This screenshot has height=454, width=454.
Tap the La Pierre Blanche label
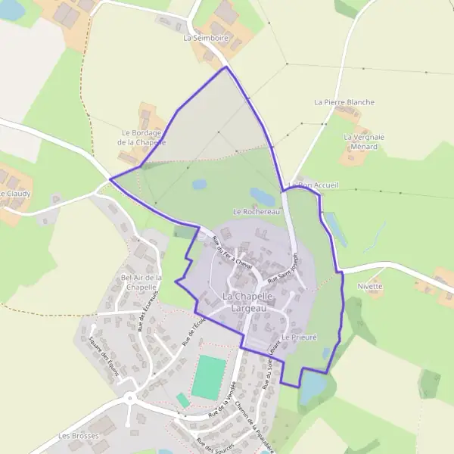coord(344,101)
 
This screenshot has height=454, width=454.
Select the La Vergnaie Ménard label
coord(364,141)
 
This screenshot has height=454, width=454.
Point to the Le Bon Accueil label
coord(313,185)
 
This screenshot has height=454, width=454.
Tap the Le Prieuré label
coord(298,336)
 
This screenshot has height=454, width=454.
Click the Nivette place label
coord(371,287)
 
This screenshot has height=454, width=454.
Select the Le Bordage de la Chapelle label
coord(144,137)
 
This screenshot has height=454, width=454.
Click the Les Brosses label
coord(74,436)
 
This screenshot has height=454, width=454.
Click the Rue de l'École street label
coord(194,332)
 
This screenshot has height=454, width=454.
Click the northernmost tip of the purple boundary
coord(225,67)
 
